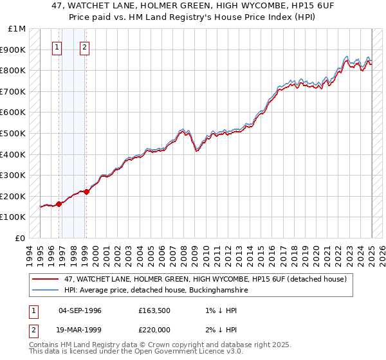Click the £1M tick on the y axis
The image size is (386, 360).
(x=17, y=29)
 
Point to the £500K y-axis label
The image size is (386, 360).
(x=14, y=134)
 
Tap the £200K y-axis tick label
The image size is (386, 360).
(x=14, y=196)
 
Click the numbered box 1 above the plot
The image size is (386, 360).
(x=57, y=46)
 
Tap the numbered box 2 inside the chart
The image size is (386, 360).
(x=85, y=46)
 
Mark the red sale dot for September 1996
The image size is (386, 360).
(x=59, y=204)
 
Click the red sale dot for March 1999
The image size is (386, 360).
(x=86, y=192)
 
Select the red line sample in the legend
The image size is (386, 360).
(x=46, y=279)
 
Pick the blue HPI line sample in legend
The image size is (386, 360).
(x=46, y=290)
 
